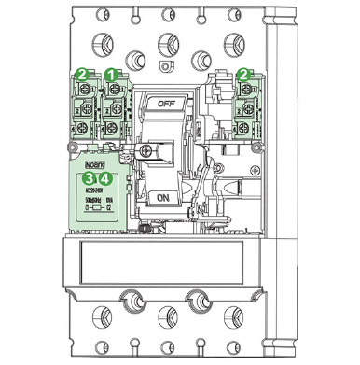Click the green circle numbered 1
point(110,73)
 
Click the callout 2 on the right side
point(244,72)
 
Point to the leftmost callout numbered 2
point(82,73)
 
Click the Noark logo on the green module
point(96,161)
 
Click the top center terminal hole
point(168,41)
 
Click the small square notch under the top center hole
point(168,66)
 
